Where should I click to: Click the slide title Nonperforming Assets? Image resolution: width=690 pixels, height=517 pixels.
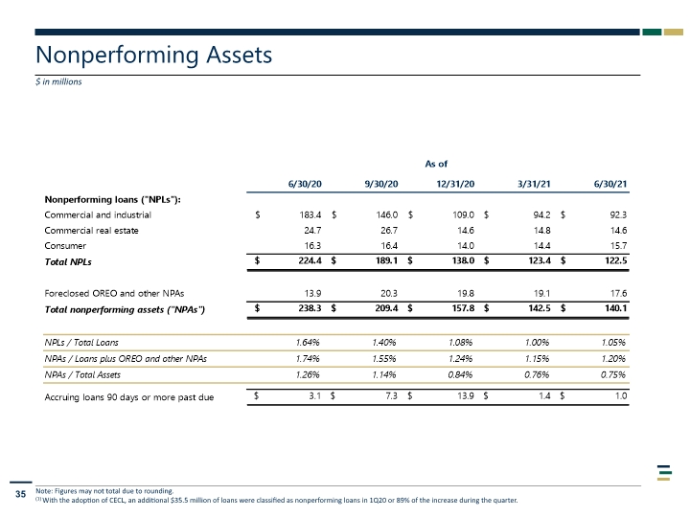click(153, 56)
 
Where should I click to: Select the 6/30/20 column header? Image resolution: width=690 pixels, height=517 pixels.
click(305, 184)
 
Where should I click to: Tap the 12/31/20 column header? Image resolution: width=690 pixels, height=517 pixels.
click(455, 184)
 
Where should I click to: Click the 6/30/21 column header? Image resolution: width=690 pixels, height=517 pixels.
click(610, 184)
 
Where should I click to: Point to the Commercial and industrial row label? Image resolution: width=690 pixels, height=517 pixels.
click(98, 215)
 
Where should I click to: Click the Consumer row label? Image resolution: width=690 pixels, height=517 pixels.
click(65, 246)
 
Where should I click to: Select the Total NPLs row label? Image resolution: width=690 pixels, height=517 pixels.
click(68, 262)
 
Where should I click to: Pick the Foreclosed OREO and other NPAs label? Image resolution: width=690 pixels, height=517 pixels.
click(114, 293)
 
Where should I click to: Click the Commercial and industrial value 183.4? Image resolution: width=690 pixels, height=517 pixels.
click(310, 215)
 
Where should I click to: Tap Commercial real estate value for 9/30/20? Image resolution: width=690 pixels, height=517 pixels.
click(389, 231)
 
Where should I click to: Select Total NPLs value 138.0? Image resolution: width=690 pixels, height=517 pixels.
click(464, 260)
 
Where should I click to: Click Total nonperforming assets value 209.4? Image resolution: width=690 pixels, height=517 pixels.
click(386, 308)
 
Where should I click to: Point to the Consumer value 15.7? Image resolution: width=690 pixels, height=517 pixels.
click(618, 246)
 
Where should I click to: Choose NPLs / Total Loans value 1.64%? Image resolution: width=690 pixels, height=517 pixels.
click(308, 343)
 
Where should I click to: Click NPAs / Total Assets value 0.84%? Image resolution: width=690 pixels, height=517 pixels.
click(460, 375)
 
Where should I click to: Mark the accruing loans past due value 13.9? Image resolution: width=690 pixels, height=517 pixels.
click(466, 396)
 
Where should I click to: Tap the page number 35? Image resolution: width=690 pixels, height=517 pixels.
click(21, 494)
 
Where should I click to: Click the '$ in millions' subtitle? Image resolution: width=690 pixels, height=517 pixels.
click(58, 81)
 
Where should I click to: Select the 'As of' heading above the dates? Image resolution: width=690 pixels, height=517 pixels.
click(436, 164)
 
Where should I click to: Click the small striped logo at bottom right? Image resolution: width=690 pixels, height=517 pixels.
click(664, 473)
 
